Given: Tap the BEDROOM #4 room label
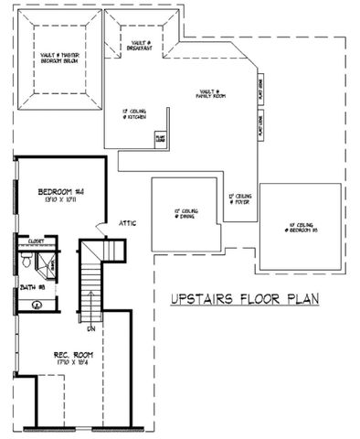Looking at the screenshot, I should (60, 192).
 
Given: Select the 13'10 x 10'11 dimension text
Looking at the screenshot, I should (60, 202).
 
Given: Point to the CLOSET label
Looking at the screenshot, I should (37, 243).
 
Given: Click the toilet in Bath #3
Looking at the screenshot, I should (28, 263).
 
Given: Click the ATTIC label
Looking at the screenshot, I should (127, 223).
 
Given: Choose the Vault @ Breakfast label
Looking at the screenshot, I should (140, 45).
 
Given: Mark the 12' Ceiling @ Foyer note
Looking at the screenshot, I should (239, 198).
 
